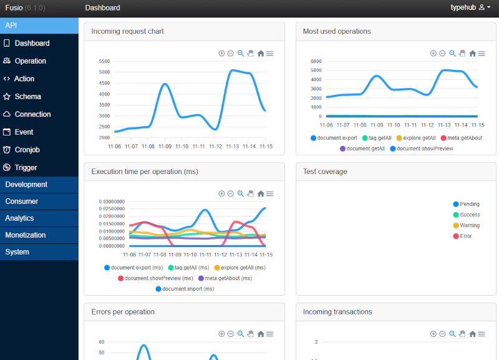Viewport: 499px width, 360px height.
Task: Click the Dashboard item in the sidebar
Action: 32,43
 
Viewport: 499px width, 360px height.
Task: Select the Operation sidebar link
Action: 30,61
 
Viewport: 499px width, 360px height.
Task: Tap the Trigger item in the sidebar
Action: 26,167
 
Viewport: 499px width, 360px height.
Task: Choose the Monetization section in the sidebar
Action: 26,235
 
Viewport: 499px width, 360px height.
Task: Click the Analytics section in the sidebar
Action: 19,218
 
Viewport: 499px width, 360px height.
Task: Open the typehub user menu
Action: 470,7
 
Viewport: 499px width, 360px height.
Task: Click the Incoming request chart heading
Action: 128,31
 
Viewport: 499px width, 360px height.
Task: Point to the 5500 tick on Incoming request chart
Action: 104,61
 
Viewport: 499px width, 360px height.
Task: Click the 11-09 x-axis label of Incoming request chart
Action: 165,147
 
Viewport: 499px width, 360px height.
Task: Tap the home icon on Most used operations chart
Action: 472,54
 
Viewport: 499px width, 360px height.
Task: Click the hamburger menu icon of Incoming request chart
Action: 270,54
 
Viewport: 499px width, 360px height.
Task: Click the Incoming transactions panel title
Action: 337,312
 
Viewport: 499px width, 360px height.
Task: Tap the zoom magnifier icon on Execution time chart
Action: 241,193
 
